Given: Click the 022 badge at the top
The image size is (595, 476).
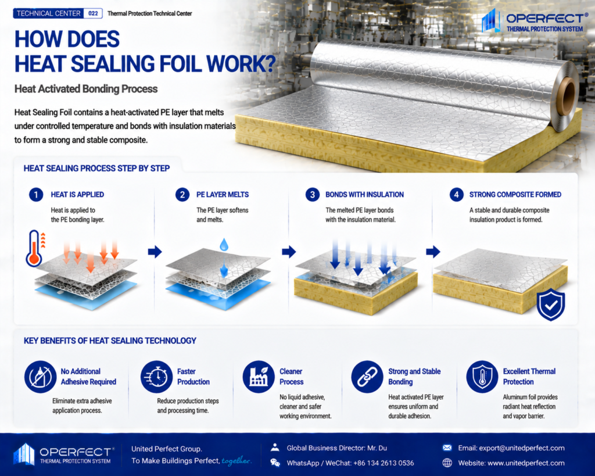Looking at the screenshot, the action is click(x=93, y=13).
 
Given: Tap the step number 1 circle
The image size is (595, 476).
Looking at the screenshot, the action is click(x=36, y=195).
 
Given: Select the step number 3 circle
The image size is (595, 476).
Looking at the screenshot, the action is click(x=312, y=195).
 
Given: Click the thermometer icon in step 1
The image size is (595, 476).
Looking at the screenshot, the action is click(x=34, y=248).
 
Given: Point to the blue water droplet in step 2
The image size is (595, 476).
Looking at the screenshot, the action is click(x=224, y=245).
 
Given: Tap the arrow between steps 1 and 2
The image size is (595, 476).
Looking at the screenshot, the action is click(x=155, y=251).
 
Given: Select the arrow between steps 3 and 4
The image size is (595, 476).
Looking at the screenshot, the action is click(x=433, y=251).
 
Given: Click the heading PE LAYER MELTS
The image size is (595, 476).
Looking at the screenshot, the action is click(x=223, y=195).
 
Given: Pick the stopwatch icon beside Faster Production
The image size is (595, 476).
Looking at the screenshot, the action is click(x=156, y=377).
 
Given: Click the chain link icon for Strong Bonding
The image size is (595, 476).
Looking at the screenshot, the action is click(x=367, y=377).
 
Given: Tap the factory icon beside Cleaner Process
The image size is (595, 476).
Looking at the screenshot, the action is click(x=259, y=377).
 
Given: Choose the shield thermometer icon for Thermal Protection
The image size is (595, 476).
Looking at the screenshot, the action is click(x=482, y=377).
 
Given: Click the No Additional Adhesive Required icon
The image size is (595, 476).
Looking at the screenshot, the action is click(x=40, y=377).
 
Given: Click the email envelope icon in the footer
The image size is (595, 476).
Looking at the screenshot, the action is click(x=447, y=448).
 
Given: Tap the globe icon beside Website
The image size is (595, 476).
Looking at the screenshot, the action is click(x=447, y=463).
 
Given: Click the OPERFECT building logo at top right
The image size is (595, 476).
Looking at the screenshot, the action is click(x=489, y=21).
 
